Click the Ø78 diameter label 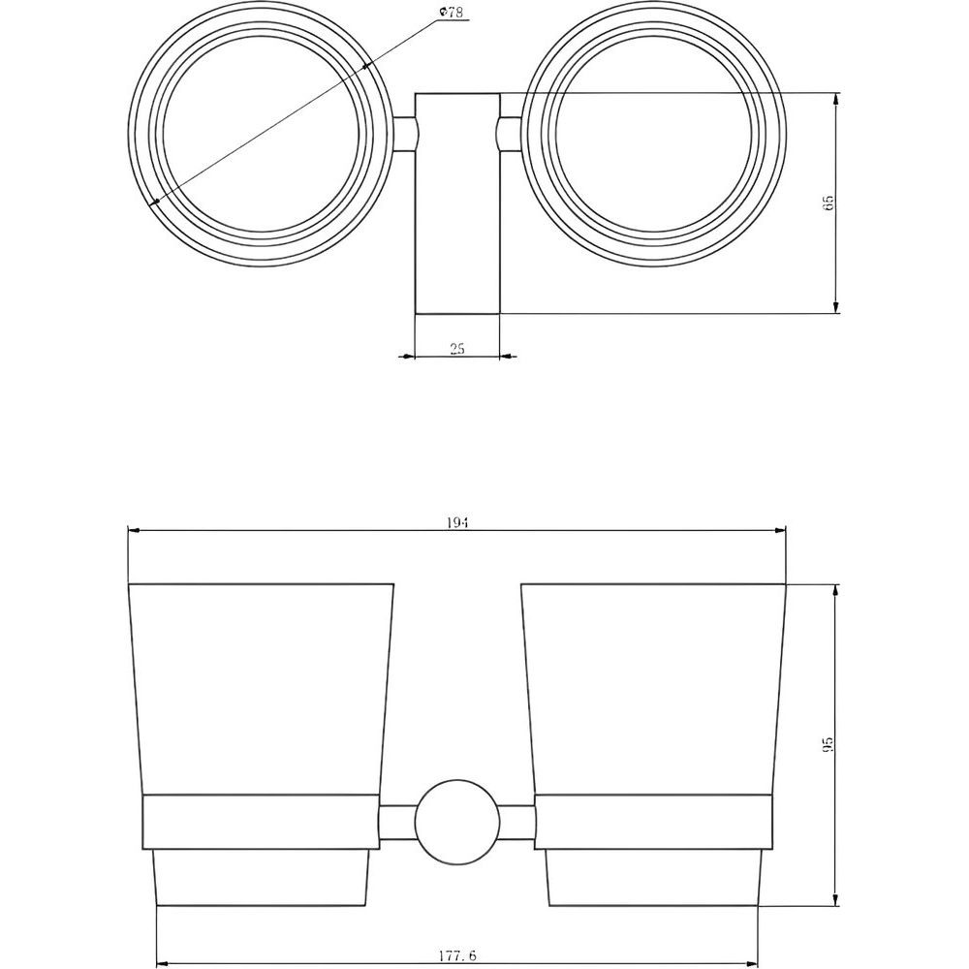[452, 13]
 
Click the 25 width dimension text [456, 349]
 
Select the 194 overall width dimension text [456, 523]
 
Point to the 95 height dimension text [828, 744]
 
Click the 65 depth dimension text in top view [828, 203]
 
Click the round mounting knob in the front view [456, 822]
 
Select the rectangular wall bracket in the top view [456, 203]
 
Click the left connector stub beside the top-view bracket [404, 134]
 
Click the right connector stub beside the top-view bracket [511, 134]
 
